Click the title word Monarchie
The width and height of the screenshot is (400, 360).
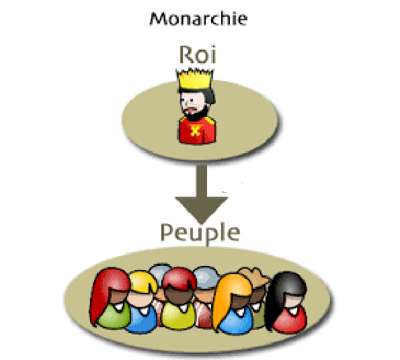point(198,19)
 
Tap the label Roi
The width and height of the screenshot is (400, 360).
point(198,54)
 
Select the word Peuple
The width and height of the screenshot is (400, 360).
point(200,233)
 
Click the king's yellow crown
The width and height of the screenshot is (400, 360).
point(195,79)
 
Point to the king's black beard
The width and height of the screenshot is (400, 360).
point(196,114)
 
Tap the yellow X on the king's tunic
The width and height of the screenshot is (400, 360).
point(196,130)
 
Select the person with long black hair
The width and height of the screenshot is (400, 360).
point(287,302)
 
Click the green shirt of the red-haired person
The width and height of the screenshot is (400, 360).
point(114,315)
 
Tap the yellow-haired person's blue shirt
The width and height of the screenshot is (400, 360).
point(142,320)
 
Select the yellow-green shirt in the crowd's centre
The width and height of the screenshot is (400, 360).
point(179,316)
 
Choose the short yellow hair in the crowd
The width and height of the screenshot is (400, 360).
point(143,282)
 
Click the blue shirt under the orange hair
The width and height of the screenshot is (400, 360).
point(235,321)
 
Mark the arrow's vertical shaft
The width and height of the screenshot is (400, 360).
point(202,181)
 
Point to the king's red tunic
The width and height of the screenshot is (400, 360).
point(197,130)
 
